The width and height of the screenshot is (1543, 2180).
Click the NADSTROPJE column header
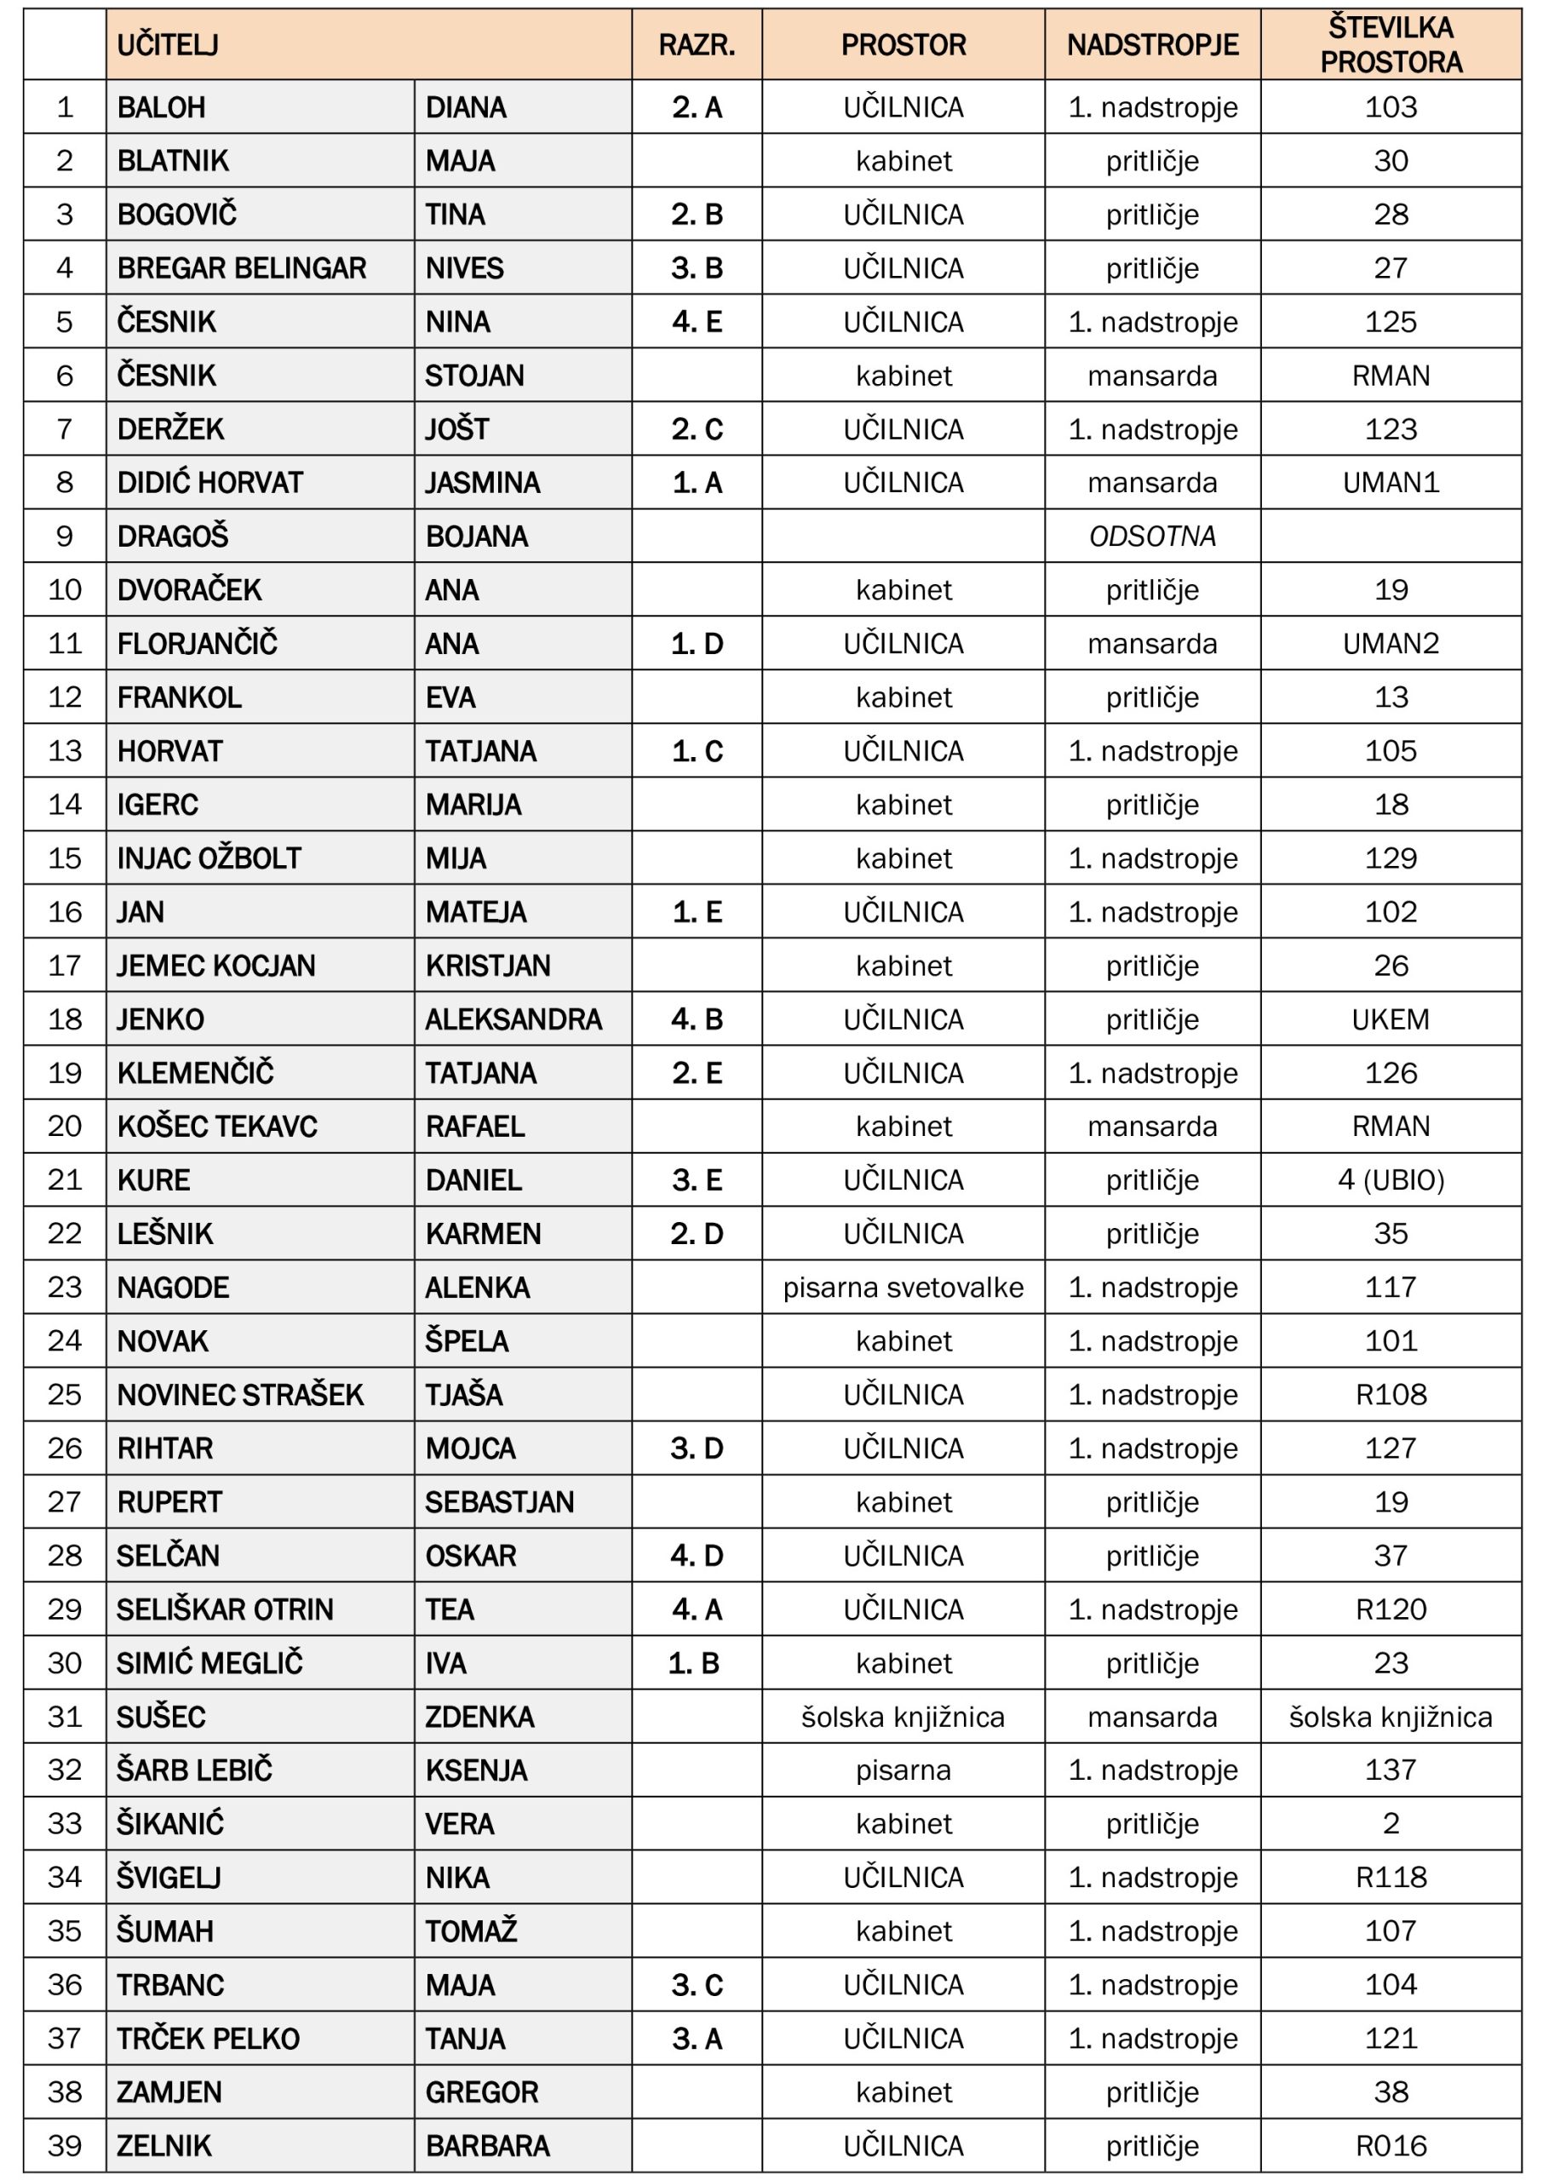tap(1151, 44)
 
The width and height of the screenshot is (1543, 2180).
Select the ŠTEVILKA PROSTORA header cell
tap(1390, 44)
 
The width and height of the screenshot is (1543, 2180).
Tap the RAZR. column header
tap(697, 44)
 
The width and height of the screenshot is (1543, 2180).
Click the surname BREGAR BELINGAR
tap(241, 268)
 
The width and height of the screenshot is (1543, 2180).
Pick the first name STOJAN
tap(474, 376)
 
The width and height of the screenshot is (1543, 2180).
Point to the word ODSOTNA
tap(1151, 536)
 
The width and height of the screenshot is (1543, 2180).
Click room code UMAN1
tap(1390, 483)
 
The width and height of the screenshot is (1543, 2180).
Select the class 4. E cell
tap(697, 322)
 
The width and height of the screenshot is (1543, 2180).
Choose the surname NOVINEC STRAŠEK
tap(239, 1395)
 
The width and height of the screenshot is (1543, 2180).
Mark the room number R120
tap(1390, 1609)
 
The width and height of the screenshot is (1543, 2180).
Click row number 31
tap(65, 1717)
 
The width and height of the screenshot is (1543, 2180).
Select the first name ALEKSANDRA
tap(513, 1019)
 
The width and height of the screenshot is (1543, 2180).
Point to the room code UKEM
tap(1390, 1019)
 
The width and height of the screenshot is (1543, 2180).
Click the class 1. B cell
tap(694, 1663)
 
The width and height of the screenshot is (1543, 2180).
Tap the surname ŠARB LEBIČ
tap(194, 1770)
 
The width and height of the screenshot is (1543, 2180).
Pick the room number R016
tap(1390, 2146)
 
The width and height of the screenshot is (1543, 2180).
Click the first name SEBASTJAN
tap(499, 1502)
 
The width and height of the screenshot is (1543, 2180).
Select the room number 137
tap(1390, 1770)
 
